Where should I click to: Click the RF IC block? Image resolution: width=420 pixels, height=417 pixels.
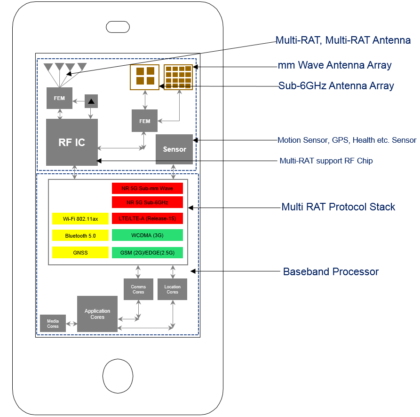click(71, 142)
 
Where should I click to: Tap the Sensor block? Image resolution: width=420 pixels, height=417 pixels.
click(174, 149)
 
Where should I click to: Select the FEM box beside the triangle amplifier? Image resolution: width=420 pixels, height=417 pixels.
click(59, 98)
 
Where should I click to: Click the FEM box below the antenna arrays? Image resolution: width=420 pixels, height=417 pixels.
click(144, 121)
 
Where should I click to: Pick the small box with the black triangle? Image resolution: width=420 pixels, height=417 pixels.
click(91, 101)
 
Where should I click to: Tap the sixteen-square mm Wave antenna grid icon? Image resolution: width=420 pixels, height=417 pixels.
click(178, 77)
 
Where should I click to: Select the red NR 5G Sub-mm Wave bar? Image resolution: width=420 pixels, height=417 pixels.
click(147, 188)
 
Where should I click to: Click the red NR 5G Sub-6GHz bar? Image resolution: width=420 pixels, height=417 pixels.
click(147, 202)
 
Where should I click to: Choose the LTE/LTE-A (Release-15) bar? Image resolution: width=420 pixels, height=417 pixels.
click(147, 218)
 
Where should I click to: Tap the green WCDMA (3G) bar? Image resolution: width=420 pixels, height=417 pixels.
click(147, 235)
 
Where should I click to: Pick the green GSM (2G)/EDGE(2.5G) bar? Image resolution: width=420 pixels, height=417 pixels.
click(147, 252)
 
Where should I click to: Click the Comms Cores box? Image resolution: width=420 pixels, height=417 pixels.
click(138, 289)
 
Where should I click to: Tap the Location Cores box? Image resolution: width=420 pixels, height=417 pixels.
click(172, 289)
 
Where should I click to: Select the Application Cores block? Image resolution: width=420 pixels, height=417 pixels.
click(97, 314)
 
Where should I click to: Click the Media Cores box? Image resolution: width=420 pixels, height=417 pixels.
click(53, 323)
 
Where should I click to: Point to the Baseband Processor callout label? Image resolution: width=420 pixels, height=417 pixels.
click(330, 271)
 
